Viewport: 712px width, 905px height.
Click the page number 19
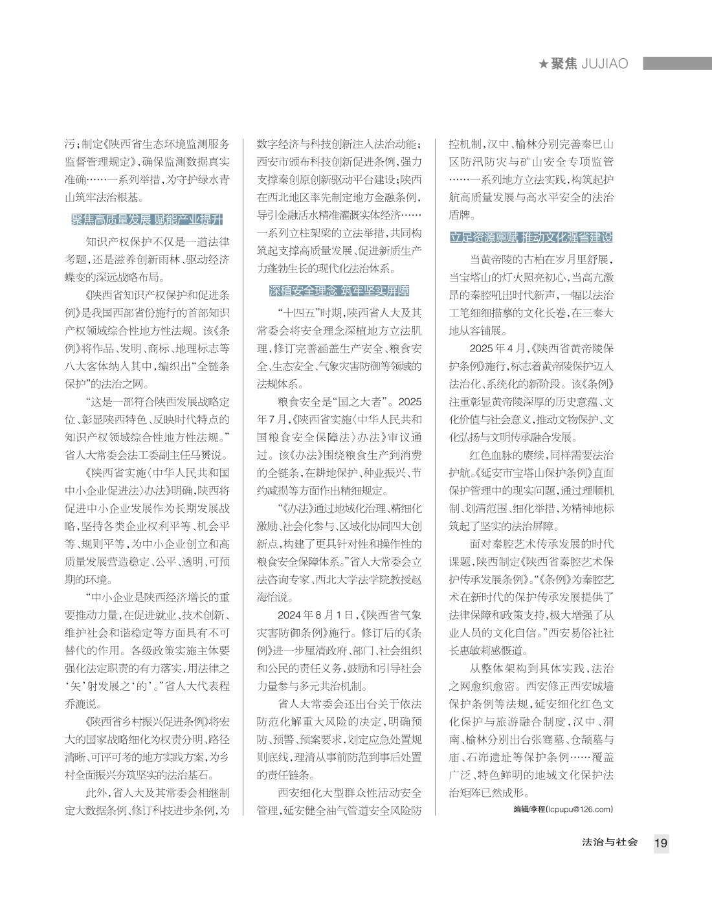click(x=661, y=843)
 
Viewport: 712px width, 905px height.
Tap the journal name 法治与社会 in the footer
click(x=610, y=842)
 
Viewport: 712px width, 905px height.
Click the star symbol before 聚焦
click(x=544, y=63)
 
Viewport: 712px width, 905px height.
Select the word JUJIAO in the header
click(x=605, y=63)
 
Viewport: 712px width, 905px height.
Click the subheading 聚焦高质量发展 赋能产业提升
click(x=147, y=219)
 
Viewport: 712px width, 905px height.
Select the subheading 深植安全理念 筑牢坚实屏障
click(x=339, y=291)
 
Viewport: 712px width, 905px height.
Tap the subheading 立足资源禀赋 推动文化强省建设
click(x=531, y=237)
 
